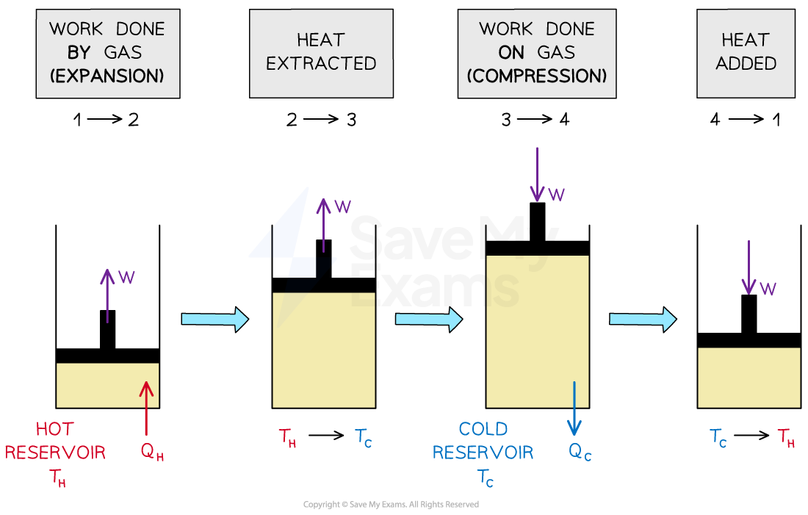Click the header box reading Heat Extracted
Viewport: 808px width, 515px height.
pyautogui.click(x=321, y=52)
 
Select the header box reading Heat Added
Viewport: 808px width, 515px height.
pyautogui.click(x=746, y=52)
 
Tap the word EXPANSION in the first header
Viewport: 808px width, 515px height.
pyautogui.click(x=107, y=76)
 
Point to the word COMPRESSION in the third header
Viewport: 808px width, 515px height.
pyautogui.click(x=537, y=76)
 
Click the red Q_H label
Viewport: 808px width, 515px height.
pyautogui.click(x=153, y=451)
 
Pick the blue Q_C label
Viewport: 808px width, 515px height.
pyautogui.click(x=580, y=451)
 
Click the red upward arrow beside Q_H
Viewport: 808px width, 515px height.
pyautogui.click(x=146, y=408)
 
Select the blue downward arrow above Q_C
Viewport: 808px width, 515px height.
pyautogui.click(x=574, y=408)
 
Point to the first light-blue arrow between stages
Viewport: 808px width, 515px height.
pyautogui.click(x=214, y=319)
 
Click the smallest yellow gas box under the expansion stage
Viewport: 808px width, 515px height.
pyautogui.click(x=107, y=385)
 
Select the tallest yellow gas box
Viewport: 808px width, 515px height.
pyautogui.click(x=537, y=331)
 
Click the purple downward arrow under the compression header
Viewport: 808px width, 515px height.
pyautogui.click(x=537, y=173)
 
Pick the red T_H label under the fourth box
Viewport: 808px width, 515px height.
pyautogui.click(x=786, y=438)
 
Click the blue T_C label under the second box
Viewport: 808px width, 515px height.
pyautogui.click(x=364, y=438)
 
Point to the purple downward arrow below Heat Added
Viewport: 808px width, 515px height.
pyautogui.click(x=749, y=267)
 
